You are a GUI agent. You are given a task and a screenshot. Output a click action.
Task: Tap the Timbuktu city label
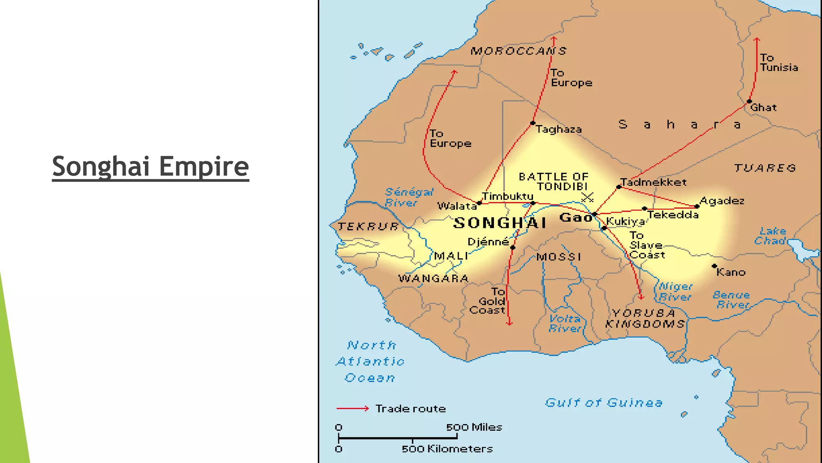click(507, 196)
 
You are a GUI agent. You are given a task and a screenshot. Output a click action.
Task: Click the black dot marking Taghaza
click(533, 123)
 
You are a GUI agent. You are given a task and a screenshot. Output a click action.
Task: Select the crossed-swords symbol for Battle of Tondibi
click(587, 197)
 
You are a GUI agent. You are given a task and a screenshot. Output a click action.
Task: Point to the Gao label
click(576, 217)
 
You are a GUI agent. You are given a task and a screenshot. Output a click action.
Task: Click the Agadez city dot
click(697, 207)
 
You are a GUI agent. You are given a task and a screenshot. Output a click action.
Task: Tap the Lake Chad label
click(770, 236)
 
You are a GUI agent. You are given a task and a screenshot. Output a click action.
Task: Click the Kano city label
click(730, 272)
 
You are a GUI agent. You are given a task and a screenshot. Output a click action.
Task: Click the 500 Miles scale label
click(474, 427)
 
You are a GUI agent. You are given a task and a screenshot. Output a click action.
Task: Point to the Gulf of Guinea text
click(603, 402)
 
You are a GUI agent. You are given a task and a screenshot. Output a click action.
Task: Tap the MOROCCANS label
click(518, 51)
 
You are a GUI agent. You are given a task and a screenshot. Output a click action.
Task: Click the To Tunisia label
click(778, 63)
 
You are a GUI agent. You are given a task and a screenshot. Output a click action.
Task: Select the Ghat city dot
click(749, 102)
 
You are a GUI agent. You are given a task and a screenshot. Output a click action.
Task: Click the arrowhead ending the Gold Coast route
click(509, 323)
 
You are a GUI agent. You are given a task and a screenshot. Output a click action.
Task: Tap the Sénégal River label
click(408, 197)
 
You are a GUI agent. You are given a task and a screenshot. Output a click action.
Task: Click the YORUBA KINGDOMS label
click(645, 318)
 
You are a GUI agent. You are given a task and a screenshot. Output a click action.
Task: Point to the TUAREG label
click(765, 168)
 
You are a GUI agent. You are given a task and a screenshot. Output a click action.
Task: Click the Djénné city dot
click(513, 248)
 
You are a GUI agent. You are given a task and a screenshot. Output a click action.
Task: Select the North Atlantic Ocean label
click(370, 361)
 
